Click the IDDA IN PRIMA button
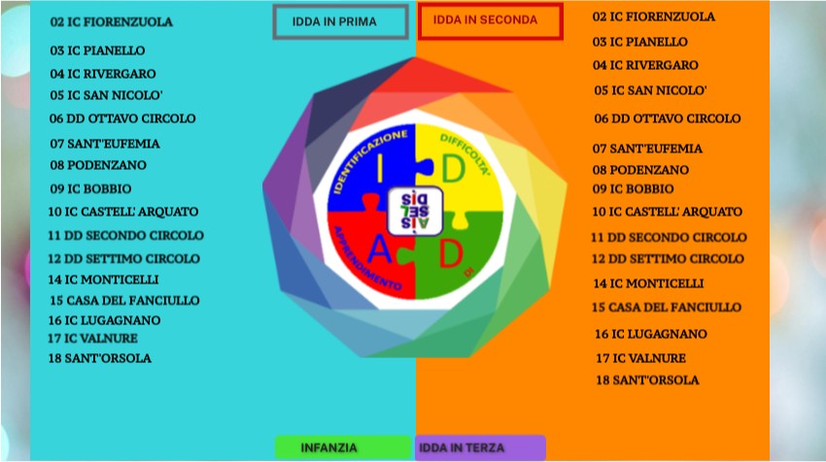coord(341,21)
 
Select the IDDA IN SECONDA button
coord(491,20)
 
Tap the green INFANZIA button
coord(343,447)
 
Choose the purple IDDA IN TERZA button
coord(480,447)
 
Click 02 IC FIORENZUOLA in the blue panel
coord(111,22)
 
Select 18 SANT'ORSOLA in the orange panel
coord(647,379)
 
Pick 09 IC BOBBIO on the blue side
coord(90,188)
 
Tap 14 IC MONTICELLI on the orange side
coord(648,283)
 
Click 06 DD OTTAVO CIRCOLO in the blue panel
coord(122,118)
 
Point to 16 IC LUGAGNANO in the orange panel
coord(651,334)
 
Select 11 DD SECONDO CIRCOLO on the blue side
coord(126,235)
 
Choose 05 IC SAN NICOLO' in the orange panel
coord(650,90)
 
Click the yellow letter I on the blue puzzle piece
coord(380,167)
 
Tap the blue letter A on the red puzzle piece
coord(379,248)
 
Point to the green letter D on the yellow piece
coord(453,169)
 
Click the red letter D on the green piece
coord(450,253)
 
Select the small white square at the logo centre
coord(415,211)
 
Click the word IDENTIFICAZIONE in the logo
coord(367,158)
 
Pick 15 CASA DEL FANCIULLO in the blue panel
coord(124,301)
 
